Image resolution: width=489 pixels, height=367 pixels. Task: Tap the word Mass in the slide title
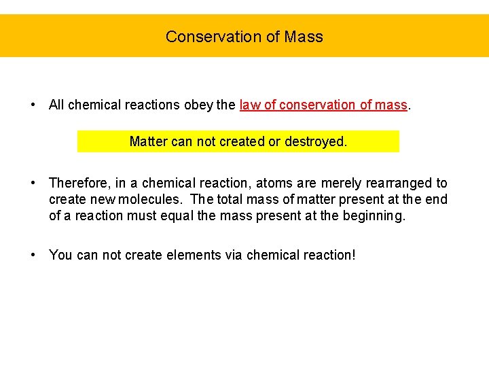pos(304,37)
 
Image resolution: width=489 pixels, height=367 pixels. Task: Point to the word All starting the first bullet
pos(56,105)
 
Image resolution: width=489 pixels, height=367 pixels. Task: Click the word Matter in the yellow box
pos(149,142)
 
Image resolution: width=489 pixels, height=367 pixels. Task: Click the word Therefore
pos(79,183)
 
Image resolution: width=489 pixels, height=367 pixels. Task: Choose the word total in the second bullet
pos(232,200)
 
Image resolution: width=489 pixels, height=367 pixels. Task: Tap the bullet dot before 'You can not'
pos(33,256)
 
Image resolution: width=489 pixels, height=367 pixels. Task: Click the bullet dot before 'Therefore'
pos(33,183)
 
